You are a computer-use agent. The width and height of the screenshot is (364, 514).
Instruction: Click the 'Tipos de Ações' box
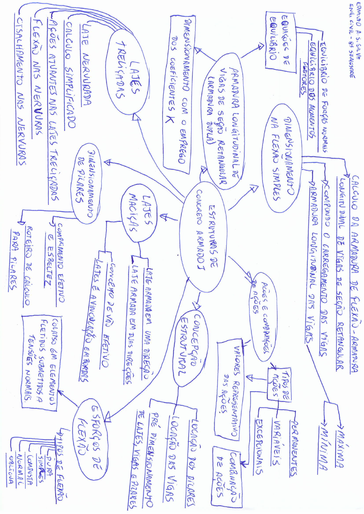click(x=279, y=384)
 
